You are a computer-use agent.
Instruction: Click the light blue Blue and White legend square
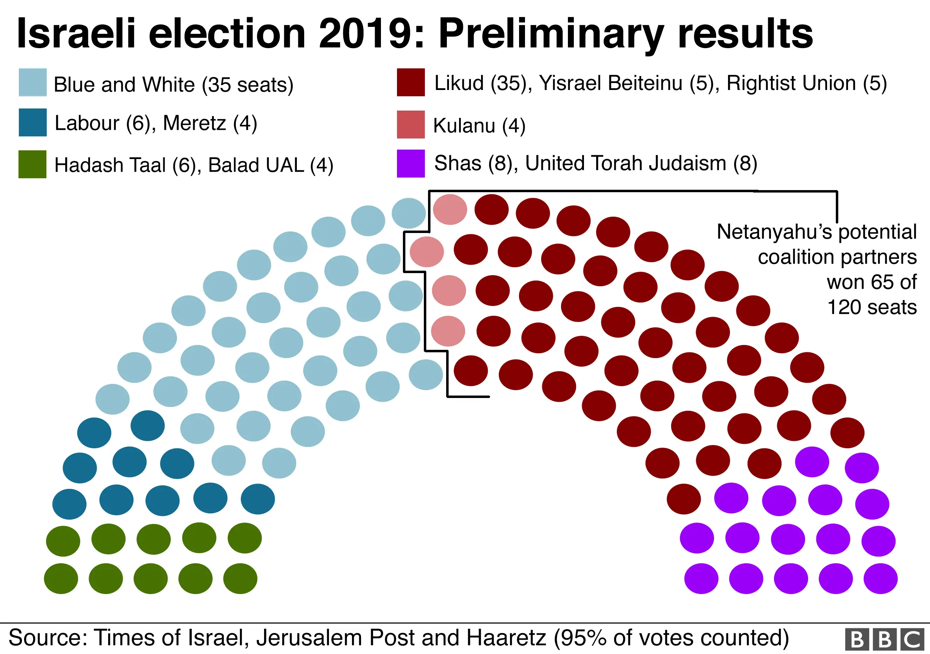[32, 82]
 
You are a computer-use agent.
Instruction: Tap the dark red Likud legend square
[411, 82]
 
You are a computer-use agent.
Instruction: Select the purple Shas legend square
[411, 164]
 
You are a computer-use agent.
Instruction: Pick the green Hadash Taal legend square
[32, 164]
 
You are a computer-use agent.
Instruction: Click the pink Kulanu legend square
[411, 124]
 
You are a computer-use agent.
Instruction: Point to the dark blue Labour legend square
[32, 122]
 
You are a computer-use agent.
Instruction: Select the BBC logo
[885, 639]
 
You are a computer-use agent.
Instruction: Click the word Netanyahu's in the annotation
[774, 232]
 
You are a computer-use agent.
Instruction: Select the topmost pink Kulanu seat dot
[450, 209]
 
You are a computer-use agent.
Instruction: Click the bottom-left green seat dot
[61, 578]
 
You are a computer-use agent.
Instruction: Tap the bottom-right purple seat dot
[880, 578]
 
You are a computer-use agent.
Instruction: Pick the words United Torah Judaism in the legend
[626, 163]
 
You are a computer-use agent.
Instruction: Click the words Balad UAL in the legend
[256, 165]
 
